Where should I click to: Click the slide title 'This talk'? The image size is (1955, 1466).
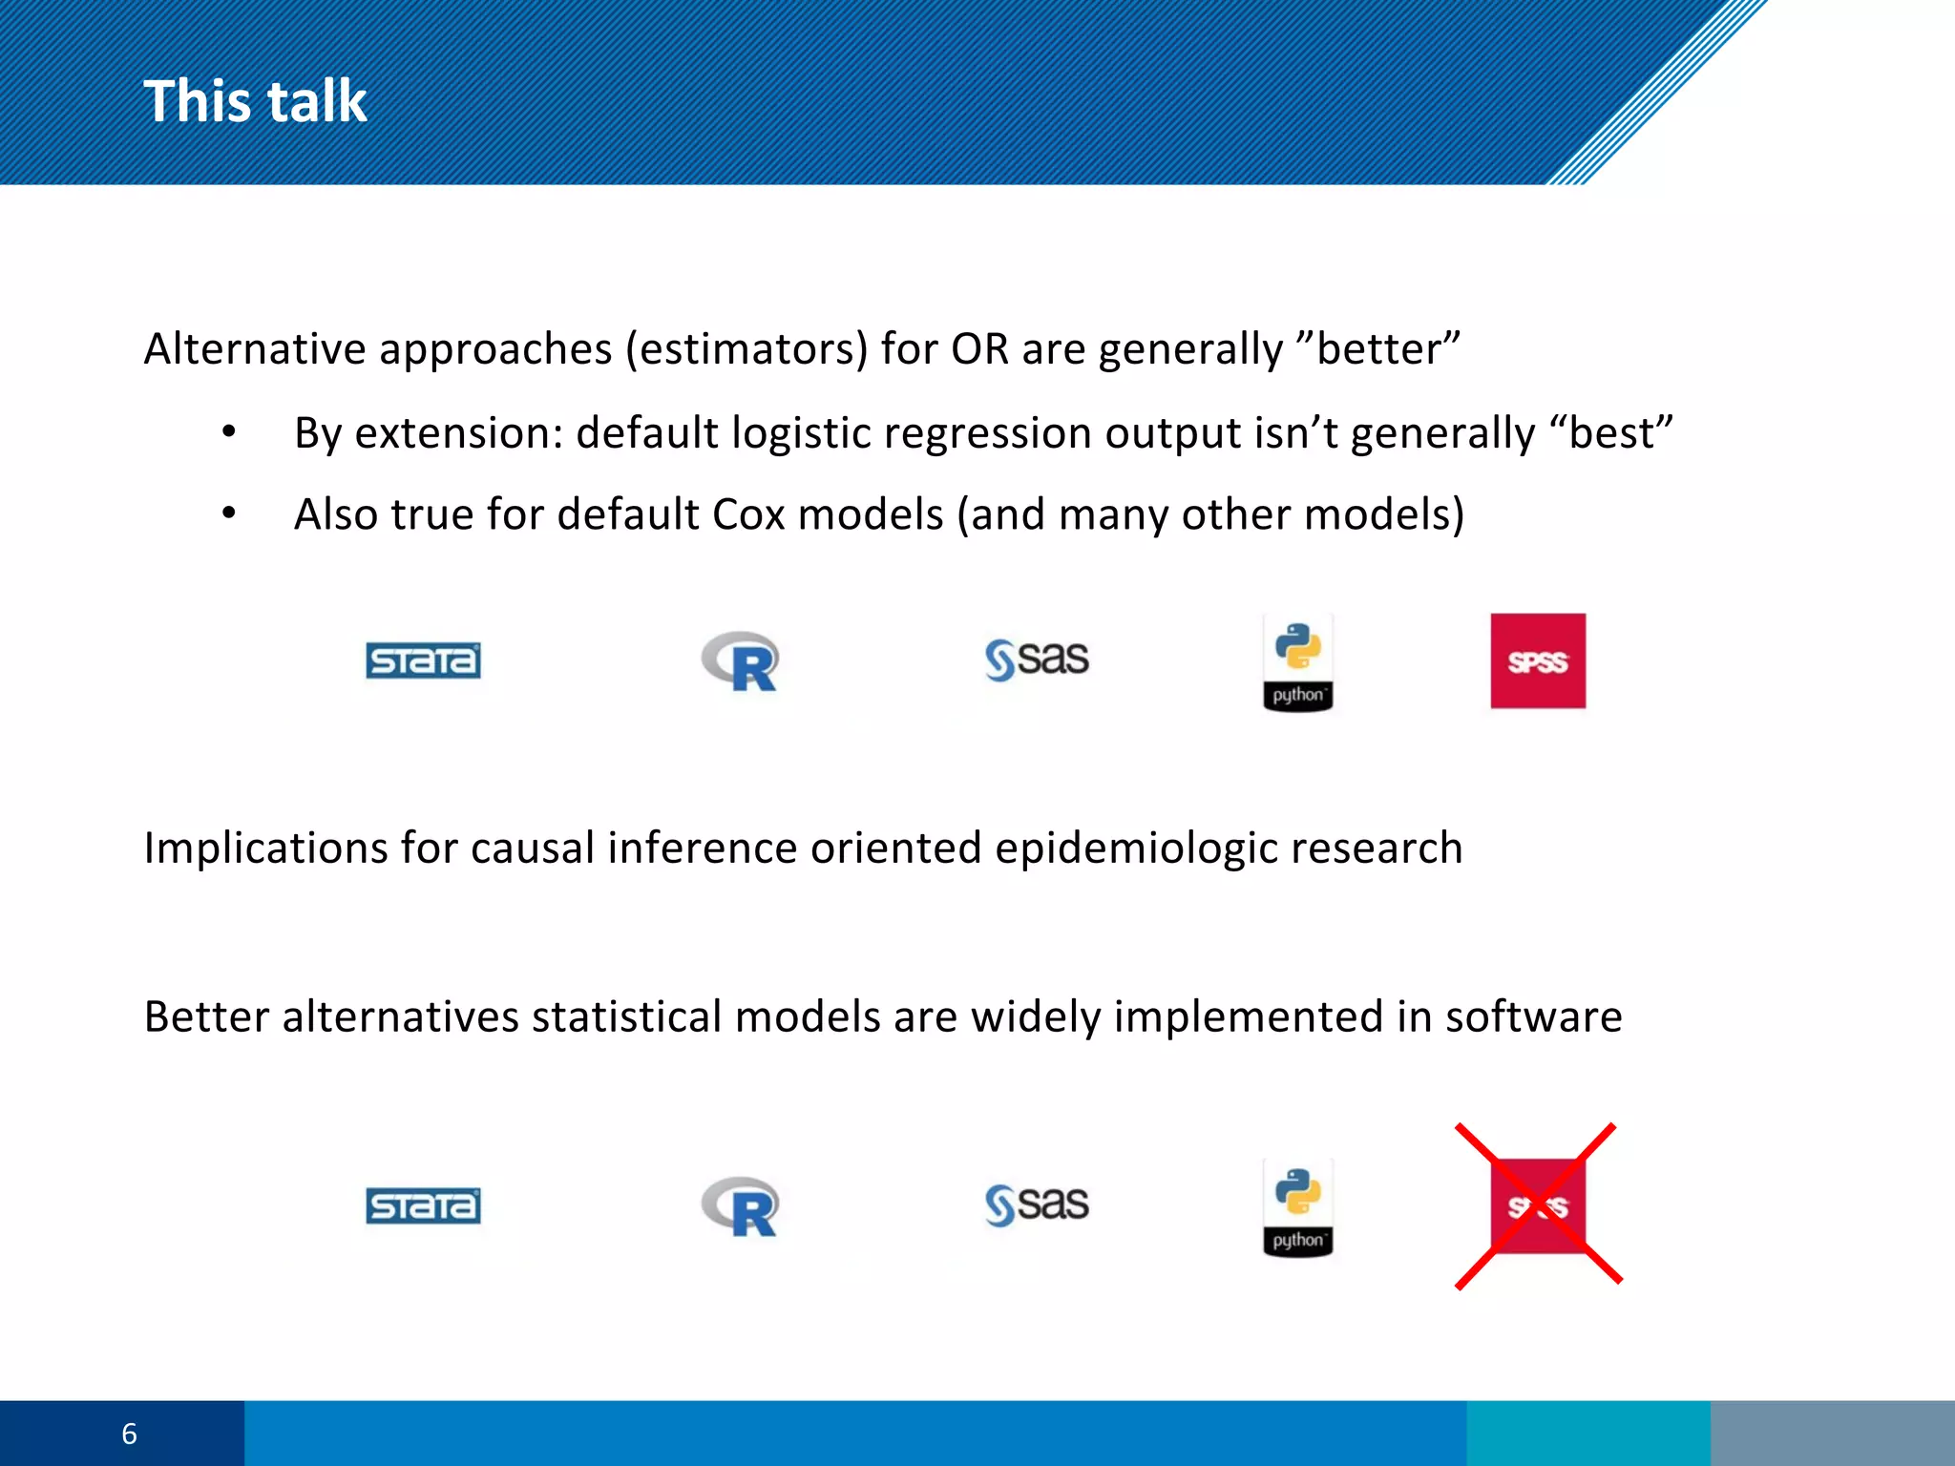[x=255, y=101]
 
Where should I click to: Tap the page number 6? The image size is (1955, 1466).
[x=129, y=1434]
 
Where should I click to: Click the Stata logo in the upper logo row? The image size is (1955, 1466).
[x=423, y=660]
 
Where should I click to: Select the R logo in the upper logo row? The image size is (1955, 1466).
[x=742, y=660]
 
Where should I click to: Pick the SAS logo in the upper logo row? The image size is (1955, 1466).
[x=1037, y=660]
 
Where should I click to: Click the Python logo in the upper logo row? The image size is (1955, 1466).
[x=1297, y=662]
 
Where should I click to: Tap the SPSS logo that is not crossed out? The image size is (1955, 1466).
[x=1538, y=660]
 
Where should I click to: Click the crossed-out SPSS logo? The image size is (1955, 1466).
[x=1538, y=1206]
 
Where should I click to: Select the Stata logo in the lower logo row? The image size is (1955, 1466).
[x=423, y=1205]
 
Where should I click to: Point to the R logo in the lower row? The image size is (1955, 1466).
[x=742, y=1206]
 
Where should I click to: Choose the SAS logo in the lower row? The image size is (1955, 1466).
[x=1037, y=1204]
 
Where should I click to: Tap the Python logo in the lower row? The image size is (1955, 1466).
[x=1297, y=1208]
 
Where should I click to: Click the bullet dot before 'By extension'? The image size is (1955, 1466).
[x=228, y=432]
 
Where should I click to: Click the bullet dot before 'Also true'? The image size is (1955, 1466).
[x=228, y=513]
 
